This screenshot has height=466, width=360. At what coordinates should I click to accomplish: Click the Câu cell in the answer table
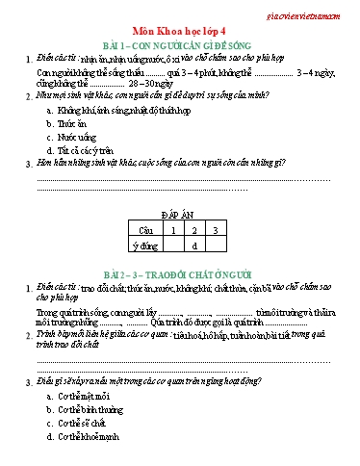(144, 231)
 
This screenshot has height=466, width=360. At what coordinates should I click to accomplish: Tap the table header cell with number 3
(215, 231)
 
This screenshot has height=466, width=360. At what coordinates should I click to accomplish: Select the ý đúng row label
(145, 246)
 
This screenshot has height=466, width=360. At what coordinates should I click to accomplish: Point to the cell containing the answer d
(193, 246)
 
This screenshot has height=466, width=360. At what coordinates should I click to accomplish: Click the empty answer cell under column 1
(172, 246)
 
